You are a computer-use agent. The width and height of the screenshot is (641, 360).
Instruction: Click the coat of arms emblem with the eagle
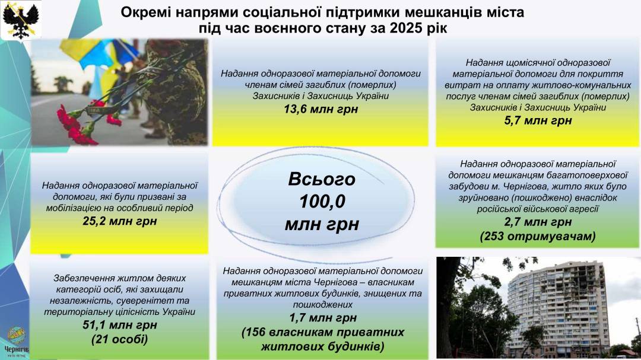point(21,20)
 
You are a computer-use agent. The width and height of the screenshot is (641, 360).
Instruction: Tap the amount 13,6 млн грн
point(321,109)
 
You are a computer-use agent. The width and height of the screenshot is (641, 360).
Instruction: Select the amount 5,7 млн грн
point(538,120)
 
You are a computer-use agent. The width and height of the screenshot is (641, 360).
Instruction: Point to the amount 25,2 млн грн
point(120,221)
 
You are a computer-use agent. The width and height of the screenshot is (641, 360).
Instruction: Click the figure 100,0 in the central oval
point(322,202)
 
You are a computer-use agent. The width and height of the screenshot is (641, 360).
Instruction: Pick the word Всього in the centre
point(322,179)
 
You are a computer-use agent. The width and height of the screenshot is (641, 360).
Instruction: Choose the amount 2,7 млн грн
point(538,222)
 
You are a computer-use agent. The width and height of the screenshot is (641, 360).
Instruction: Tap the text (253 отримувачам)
point(538,236)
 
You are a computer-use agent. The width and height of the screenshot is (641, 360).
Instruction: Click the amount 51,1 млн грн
point(120,325)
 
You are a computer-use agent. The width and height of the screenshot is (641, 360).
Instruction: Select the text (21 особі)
point(120,339)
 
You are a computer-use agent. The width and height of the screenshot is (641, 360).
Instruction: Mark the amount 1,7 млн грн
point(322,318)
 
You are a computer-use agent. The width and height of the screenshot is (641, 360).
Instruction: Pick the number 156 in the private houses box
point(257,332)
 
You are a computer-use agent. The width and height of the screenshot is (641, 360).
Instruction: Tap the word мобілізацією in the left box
point(71,208)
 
